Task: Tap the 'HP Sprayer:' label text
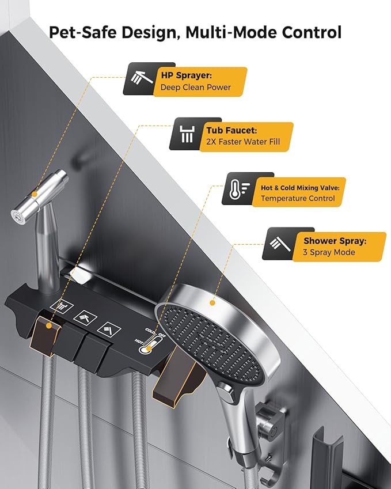186,75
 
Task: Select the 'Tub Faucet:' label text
231,130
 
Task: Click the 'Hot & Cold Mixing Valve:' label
300,188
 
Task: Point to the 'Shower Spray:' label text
335,241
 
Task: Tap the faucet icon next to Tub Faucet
187,134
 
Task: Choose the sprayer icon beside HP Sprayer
142,77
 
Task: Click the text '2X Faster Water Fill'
243,142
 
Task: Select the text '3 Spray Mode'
329,252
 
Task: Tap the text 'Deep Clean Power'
196,88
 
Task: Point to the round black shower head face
209,343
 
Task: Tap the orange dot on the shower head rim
212,302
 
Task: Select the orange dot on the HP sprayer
35,194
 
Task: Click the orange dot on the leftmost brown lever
48,325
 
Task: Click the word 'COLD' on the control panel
150,331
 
